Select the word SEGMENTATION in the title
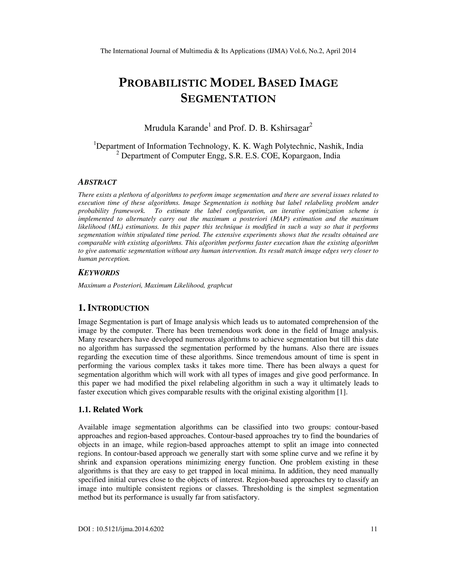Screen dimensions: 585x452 point(228,99)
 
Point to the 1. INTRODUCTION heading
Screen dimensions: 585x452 point(113,308)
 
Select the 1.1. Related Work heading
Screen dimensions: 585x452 point(110,410)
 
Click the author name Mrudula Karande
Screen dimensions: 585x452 point(176,128)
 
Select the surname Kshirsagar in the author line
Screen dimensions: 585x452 point(290,128)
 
